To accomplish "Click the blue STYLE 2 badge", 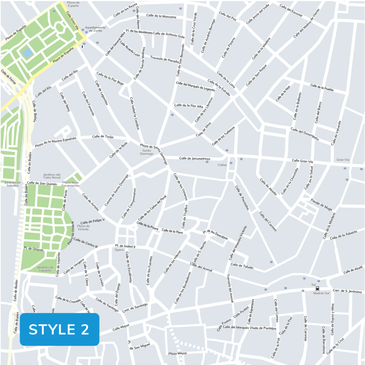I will (x=59, y=329).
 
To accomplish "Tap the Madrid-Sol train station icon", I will (x=317, y=289).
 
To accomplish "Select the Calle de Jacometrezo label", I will (x=195, y=159).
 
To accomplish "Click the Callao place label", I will (x=222, y=165).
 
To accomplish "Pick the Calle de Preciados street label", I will (x=242, y=197).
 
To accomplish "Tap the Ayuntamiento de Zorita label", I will (x=95, y=29).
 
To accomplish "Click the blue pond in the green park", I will (x=27, y=53).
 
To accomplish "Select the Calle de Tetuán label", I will (x=242, y=265).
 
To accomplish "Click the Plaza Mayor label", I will (x=178, y=354).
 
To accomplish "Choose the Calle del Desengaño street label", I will (x=305, y=134).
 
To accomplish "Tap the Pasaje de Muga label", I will (x=321, y=205).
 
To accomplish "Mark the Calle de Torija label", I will (x=102, y=137).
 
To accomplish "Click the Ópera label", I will (x=119, y=250).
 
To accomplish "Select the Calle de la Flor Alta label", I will (x=189, y=106).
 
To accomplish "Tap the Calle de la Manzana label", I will (x=161, y=16).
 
